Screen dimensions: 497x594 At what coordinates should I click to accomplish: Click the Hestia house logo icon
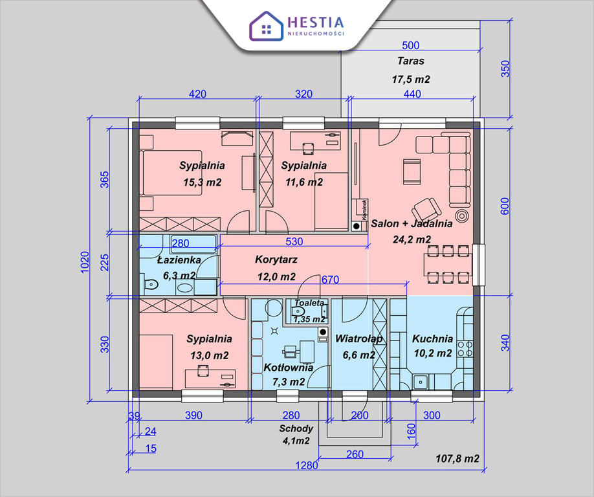click(265, 26)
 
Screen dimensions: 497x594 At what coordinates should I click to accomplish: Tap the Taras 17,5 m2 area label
click(411, 71)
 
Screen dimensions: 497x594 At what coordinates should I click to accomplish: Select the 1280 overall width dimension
click(308, 465)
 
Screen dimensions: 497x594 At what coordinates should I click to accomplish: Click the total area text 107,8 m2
click(457, 459)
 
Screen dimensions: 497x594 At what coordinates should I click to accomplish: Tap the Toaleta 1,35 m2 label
click(309, 311)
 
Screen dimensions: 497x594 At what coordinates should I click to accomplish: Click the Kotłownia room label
click(289, 368)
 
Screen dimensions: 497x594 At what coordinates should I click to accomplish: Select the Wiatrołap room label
click(358, 338)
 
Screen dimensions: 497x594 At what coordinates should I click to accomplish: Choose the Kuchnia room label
click(432, 338)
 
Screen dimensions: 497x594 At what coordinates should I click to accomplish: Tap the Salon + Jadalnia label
click(412, 224)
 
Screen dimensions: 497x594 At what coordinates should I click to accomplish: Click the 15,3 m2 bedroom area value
click(203, 182)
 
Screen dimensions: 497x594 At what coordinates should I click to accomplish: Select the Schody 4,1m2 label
click(296, 434)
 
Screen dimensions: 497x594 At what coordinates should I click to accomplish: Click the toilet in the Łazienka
click(149, 283)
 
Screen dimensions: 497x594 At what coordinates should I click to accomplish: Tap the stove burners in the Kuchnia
click(465, 349)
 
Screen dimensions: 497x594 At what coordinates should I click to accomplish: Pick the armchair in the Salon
click(426, 208)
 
